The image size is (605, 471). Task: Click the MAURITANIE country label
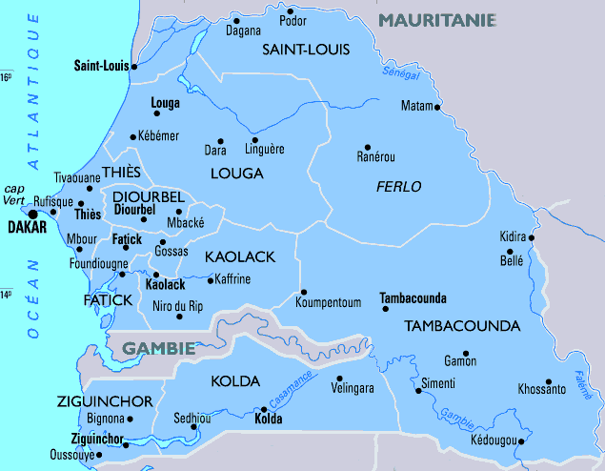coord(437,19)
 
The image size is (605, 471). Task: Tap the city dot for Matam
coord(438,108)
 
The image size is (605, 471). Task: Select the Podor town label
coord(293,21)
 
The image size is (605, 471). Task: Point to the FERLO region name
coord(398,187)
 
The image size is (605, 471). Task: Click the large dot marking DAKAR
coord(33,215)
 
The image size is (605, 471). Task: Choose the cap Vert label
coord(14,195)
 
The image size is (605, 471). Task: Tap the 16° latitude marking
coord(6,77)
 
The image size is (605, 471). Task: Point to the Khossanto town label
coord(541,389)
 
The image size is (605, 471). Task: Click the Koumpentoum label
coord(329,303)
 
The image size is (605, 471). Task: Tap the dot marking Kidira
coord(533,238)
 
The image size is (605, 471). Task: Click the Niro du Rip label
coord(178,306)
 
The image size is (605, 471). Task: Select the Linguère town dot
coord(255,139)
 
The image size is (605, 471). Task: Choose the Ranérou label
coord(375,156)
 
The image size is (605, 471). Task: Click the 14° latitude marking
coord(6,295)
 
